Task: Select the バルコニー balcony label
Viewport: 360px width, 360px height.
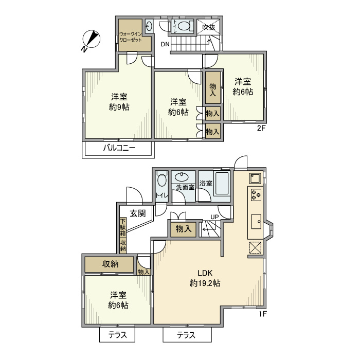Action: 118,149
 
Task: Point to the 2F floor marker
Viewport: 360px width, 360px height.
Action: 262,129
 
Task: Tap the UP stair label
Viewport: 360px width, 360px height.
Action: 214,216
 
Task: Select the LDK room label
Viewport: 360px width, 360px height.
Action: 206,273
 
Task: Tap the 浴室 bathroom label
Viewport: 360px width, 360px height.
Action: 206,183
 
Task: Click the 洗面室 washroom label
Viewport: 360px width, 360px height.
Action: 185,187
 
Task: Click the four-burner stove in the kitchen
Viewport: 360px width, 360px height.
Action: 256,195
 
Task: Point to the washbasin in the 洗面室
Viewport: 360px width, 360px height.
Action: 182,177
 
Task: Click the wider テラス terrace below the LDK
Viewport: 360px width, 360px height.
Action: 187,335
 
